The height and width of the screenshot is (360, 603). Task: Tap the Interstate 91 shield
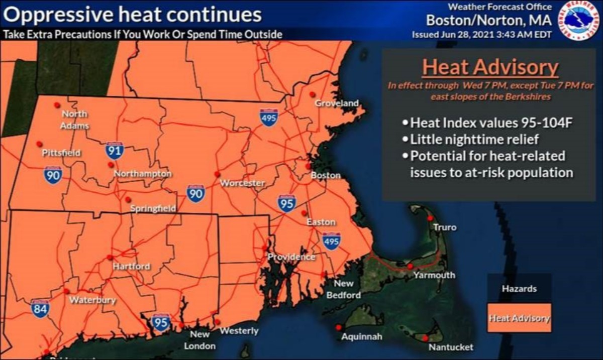pos(115,150)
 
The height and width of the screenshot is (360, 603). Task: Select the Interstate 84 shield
pos(40,308)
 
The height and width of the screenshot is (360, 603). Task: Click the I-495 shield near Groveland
pos(269,117)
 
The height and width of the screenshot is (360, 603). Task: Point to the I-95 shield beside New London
pos(161,322)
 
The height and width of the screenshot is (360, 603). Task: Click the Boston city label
pos(326,176)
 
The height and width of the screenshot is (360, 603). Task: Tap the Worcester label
pos(243,183)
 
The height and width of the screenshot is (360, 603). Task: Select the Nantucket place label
pos(451,347)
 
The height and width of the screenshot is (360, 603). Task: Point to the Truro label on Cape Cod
pos(445,227)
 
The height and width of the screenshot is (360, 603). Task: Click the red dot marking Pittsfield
pos(39,144)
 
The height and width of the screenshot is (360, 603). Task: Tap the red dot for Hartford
pos(110,257)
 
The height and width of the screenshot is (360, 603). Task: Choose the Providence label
pos(291,257)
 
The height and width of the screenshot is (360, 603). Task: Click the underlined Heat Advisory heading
pos(490,67)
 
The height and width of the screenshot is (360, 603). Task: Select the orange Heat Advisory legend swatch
pos(519,318)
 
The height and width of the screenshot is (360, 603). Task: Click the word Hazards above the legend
pos(519,289)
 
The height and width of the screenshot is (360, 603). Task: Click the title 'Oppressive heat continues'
pos(133,15)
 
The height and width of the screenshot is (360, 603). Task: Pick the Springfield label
pos(153,208)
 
